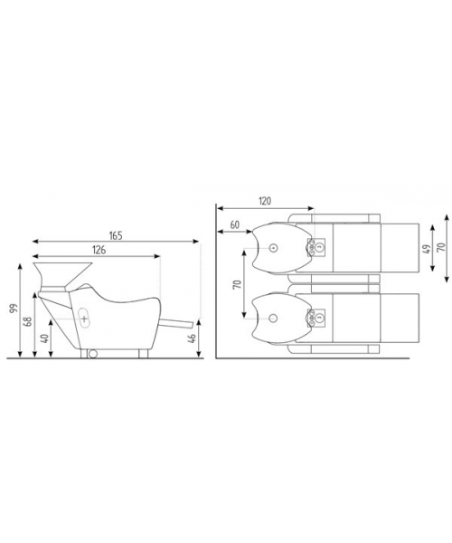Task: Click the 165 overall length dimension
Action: click(x=116, y=236)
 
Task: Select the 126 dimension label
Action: click(x=99, y=250)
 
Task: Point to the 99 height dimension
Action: click(x=14, y=309)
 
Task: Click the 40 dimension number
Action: click(x=44, y=338)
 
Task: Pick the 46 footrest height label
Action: click(x=193, y=338)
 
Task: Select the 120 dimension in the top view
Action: click(x=265, y=201)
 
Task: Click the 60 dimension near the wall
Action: click(x=234, y=224)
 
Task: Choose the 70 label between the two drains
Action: click(x=238, y=284)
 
